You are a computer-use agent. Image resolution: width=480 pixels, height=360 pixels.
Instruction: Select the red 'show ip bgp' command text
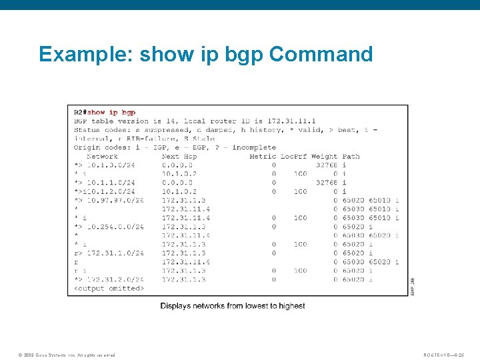(111, 113)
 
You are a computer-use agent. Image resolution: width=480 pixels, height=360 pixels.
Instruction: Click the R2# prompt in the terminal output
(80, 113)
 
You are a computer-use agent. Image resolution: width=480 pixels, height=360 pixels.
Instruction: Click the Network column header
(102, 156)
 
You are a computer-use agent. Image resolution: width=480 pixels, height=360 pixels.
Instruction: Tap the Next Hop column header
(179, 156)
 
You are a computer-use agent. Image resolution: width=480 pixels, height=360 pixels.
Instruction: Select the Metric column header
(262, 156)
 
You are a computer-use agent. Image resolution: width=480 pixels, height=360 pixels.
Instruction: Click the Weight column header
(324, 156)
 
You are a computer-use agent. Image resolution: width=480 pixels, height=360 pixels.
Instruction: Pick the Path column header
(351, 156)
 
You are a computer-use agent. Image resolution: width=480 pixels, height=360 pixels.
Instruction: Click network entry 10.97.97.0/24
(115, 200)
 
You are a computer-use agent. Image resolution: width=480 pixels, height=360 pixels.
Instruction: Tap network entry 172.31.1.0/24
(115, 253)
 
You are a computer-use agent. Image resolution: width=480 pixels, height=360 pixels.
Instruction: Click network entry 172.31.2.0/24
(115, 279)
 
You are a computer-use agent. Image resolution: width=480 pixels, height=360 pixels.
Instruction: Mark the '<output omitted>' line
(109, 289)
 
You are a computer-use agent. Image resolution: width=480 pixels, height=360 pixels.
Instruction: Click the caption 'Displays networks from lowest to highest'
(233, 306)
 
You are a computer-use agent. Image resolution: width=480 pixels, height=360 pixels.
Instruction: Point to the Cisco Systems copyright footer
(67, 355)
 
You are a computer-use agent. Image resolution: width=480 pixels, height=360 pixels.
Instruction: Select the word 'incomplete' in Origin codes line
(254, 147)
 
